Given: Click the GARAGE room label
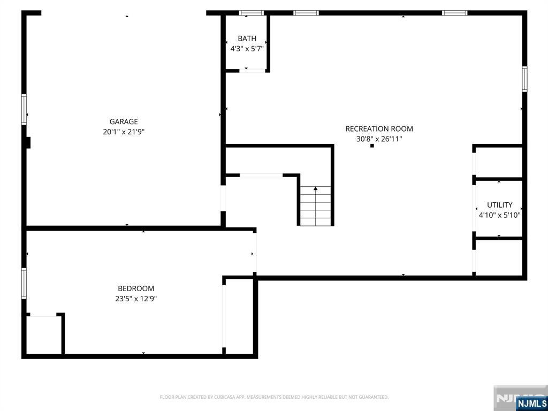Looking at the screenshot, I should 124,121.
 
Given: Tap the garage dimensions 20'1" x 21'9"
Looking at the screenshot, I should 124,132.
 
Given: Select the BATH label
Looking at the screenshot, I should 247,39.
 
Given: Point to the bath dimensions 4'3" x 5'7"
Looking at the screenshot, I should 247,49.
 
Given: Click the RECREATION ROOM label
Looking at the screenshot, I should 379,128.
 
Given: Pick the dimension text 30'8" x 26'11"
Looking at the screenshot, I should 379,139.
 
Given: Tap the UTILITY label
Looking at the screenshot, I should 499,205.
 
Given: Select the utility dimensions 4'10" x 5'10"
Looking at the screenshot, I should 499,215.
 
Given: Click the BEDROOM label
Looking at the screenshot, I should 136,288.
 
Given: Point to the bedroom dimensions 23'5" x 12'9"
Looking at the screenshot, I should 136,299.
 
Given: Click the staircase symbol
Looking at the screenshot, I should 315,206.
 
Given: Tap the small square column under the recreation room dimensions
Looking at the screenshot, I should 372,146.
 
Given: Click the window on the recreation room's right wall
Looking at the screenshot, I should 524,79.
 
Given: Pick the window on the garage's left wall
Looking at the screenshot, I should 24,109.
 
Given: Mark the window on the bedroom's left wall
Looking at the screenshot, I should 24,283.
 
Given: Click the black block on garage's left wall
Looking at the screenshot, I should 28,142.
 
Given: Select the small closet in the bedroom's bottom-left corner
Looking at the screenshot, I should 43,334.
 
